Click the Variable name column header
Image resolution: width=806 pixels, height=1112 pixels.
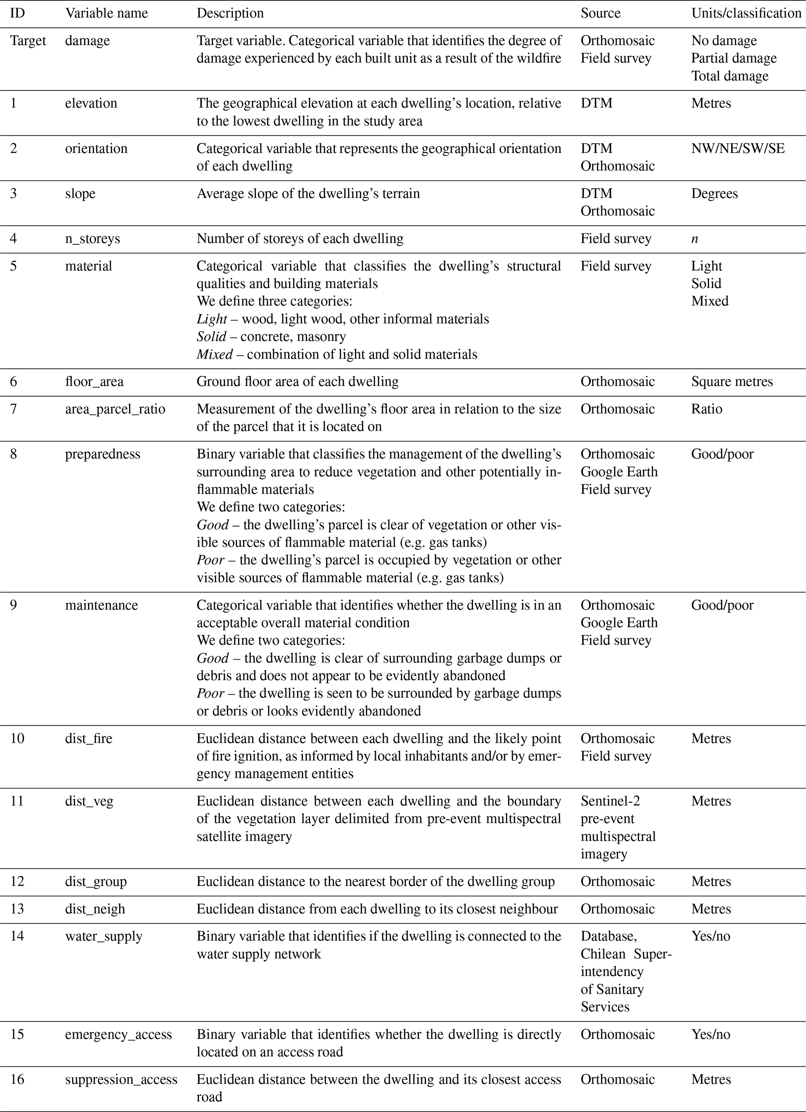coord(106,13)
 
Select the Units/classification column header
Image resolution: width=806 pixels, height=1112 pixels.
coord(746,13)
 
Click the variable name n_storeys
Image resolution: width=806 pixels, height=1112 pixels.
coord(92,239)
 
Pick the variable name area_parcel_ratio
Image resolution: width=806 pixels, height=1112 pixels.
coord(115,409)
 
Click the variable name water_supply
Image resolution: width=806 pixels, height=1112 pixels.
coord(103,936)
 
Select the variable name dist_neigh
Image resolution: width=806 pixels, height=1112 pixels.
coord(95,909)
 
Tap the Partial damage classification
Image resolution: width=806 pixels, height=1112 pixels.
coord(733,58)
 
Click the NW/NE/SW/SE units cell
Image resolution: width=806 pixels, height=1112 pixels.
coord(738,149)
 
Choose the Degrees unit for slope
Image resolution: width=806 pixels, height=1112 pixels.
coord(714,194)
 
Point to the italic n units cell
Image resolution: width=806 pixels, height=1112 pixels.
coord(695,239)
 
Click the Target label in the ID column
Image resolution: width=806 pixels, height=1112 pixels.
coord(28,41)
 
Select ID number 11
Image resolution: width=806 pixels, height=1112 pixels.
coord(17,801)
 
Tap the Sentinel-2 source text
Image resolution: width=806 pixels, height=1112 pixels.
coord(610,801)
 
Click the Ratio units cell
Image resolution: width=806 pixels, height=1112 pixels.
coord(707,409)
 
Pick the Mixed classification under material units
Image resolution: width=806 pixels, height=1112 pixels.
coord(709,301)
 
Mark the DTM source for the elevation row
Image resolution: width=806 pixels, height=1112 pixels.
coord(596,103)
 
